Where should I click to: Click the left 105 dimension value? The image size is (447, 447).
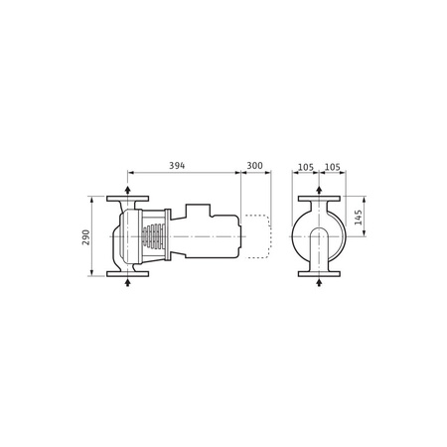point(305,165)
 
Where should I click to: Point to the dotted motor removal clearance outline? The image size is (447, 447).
point(257,236)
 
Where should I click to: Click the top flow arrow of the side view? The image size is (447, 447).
point(127,189)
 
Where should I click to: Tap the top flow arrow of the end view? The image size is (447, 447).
point(318,189)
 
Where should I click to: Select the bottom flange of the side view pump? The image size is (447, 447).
point(127,275)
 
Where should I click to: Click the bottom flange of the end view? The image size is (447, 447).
point(318,275)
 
